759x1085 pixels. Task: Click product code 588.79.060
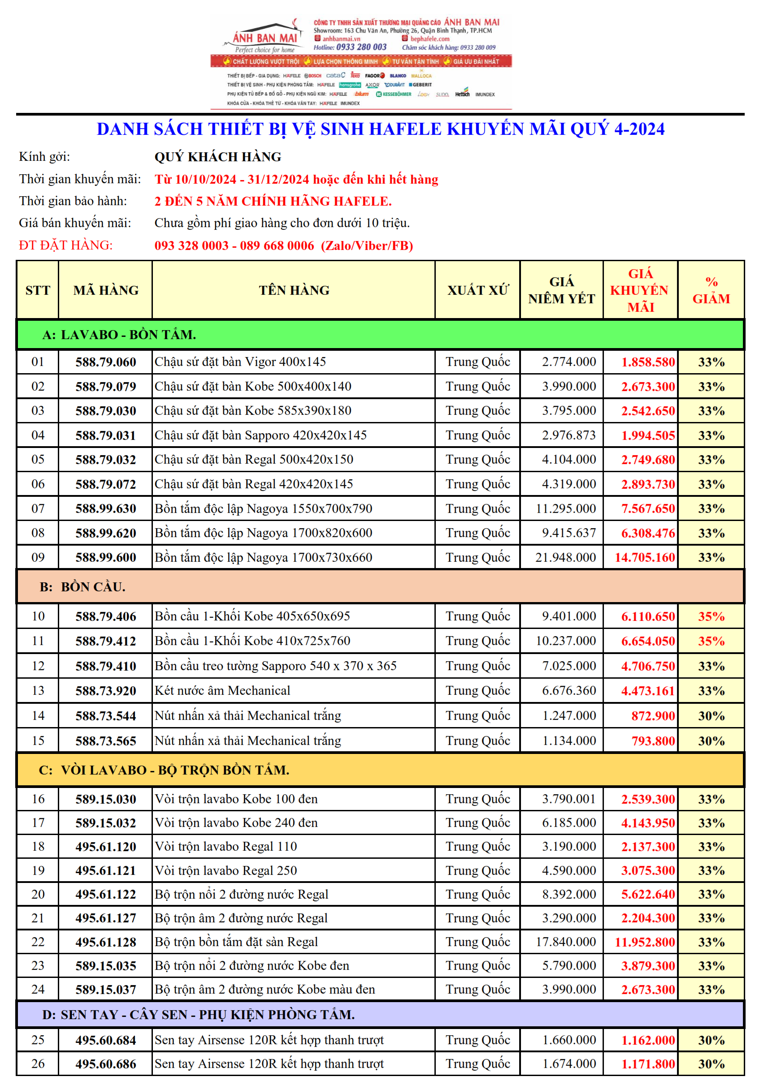tap(105, 362)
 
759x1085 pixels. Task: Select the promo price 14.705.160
tap(644, 558)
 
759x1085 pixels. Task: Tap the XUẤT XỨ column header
tap(477, 290)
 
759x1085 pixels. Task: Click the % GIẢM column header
tap(711, 290)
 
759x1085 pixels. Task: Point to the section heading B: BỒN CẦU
tap(83, 587)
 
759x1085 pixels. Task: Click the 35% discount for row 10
tap(711, 617)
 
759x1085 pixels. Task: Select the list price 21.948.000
tap(565, 558)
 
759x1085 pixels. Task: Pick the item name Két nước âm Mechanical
tap(222, 691)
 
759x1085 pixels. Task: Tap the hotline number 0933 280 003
tap(361, 47)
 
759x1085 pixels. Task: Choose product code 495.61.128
tap(105, 942)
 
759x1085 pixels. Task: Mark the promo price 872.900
tap(653, 716)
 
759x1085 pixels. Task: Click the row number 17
tap(38, 823)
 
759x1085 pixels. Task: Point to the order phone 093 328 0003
tap(191, 246)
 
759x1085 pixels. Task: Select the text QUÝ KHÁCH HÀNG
tap(217, 157)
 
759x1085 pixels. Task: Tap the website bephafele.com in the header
tap(429, 39)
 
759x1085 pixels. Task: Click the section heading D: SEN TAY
tap(198, 1015)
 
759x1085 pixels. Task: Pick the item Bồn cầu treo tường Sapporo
tap(275, 666)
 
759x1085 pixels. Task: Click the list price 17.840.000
tap(565, 942)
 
